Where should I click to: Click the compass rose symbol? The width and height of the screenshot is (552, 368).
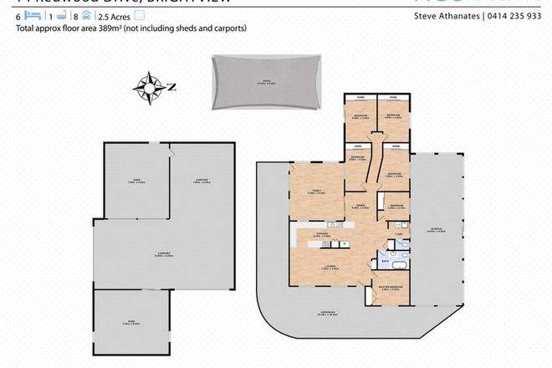tap(150, 85)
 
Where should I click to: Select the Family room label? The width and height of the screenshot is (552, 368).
tap(316, 192)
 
